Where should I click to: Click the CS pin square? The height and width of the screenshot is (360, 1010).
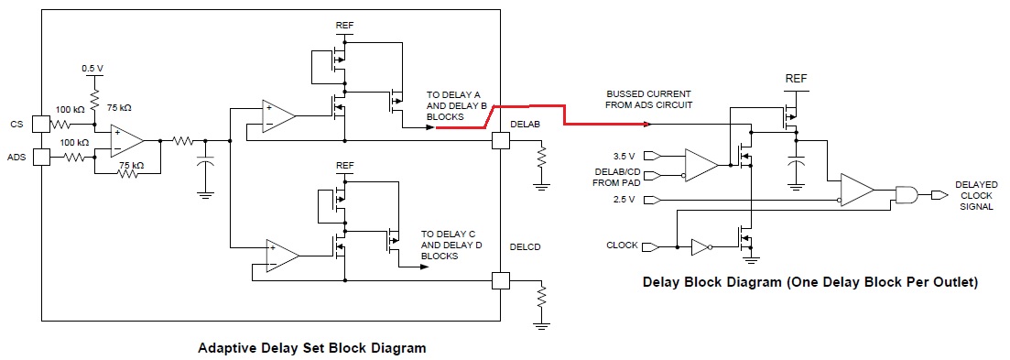(x=40, y=125)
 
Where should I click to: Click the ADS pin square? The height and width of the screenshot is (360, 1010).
(x=40, y=157)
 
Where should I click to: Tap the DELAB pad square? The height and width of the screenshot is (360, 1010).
(x=501, y=141)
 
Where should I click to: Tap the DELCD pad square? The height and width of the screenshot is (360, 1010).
(x=501, y=281)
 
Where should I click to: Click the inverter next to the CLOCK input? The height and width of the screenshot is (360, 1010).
(x=700, y=247)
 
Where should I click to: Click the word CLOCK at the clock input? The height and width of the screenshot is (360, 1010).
(x=623, y=245)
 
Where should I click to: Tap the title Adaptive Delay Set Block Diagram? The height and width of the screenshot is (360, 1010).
(x=311, y=348)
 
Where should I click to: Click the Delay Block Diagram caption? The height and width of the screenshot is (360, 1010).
(x=810, y=283)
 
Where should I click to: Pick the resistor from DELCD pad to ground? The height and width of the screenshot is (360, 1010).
(x=542, y=296)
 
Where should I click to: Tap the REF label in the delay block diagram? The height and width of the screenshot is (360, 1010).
(x=796, y=79)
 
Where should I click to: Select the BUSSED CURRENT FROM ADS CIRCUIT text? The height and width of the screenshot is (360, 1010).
(x=648, y=99)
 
